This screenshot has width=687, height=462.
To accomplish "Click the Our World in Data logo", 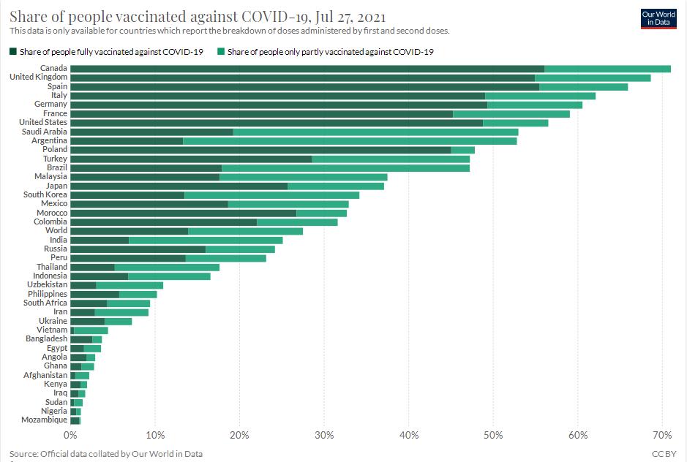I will (658, 18).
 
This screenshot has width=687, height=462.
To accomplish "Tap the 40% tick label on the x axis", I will (409, 436).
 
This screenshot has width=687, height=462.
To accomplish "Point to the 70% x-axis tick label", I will (662, 436).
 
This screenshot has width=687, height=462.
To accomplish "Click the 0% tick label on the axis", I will (71, 436).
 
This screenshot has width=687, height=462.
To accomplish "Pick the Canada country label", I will (53, 68).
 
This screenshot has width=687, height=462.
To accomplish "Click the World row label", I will (56, 230).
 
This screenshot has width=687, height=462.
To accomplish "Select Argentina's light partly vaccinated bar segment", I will (350, 140).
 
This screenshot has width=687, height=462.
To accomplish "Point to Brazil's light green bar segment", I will (345, 167).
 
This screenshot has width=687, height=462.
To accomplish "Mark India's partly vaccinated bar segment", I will (206, 240).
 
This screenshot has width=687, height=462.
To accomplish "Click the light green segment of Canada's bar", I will (607, 68).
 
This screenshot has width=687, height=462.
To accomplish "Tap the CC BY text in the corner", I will (664, 454).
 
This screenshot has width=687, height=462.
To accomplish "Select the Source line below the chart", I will (106, 454).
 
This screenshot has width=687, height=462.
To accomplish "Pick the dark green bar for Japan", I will (179, 186).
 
